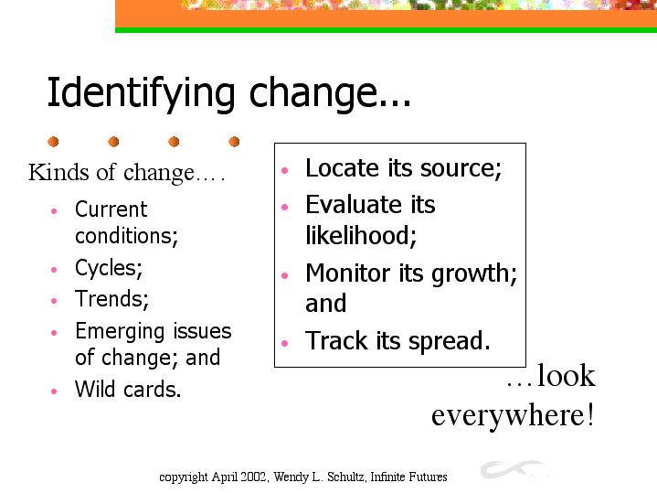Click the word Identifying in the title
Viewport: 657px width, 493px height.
point(141,94)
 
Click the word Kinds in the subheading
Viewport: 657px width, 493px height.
point(58,172)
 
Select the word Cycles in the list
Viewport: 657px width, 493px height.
point(106,268)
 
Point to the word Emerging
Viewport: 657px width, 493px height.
point(121,332)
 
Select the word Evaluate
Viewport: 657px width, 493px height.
point(354,205)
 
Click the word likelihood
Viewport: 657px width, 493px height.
point(359,235)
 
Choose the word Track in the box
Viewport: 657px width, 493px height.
point(336,340)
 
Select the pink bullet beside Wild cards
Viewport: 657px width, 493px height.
point(54,391)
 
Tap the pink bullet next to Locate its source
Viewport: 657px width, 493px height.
point(285,170)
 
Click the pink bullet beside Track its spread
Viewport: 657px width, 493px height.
point(285,343)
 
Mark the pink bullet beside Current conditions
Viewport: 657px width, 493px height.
point(54,211)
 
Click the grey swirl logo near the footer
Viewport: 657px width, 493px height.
point(514,469)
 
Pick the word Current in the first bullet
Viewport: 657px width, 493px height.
point(111,209)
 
